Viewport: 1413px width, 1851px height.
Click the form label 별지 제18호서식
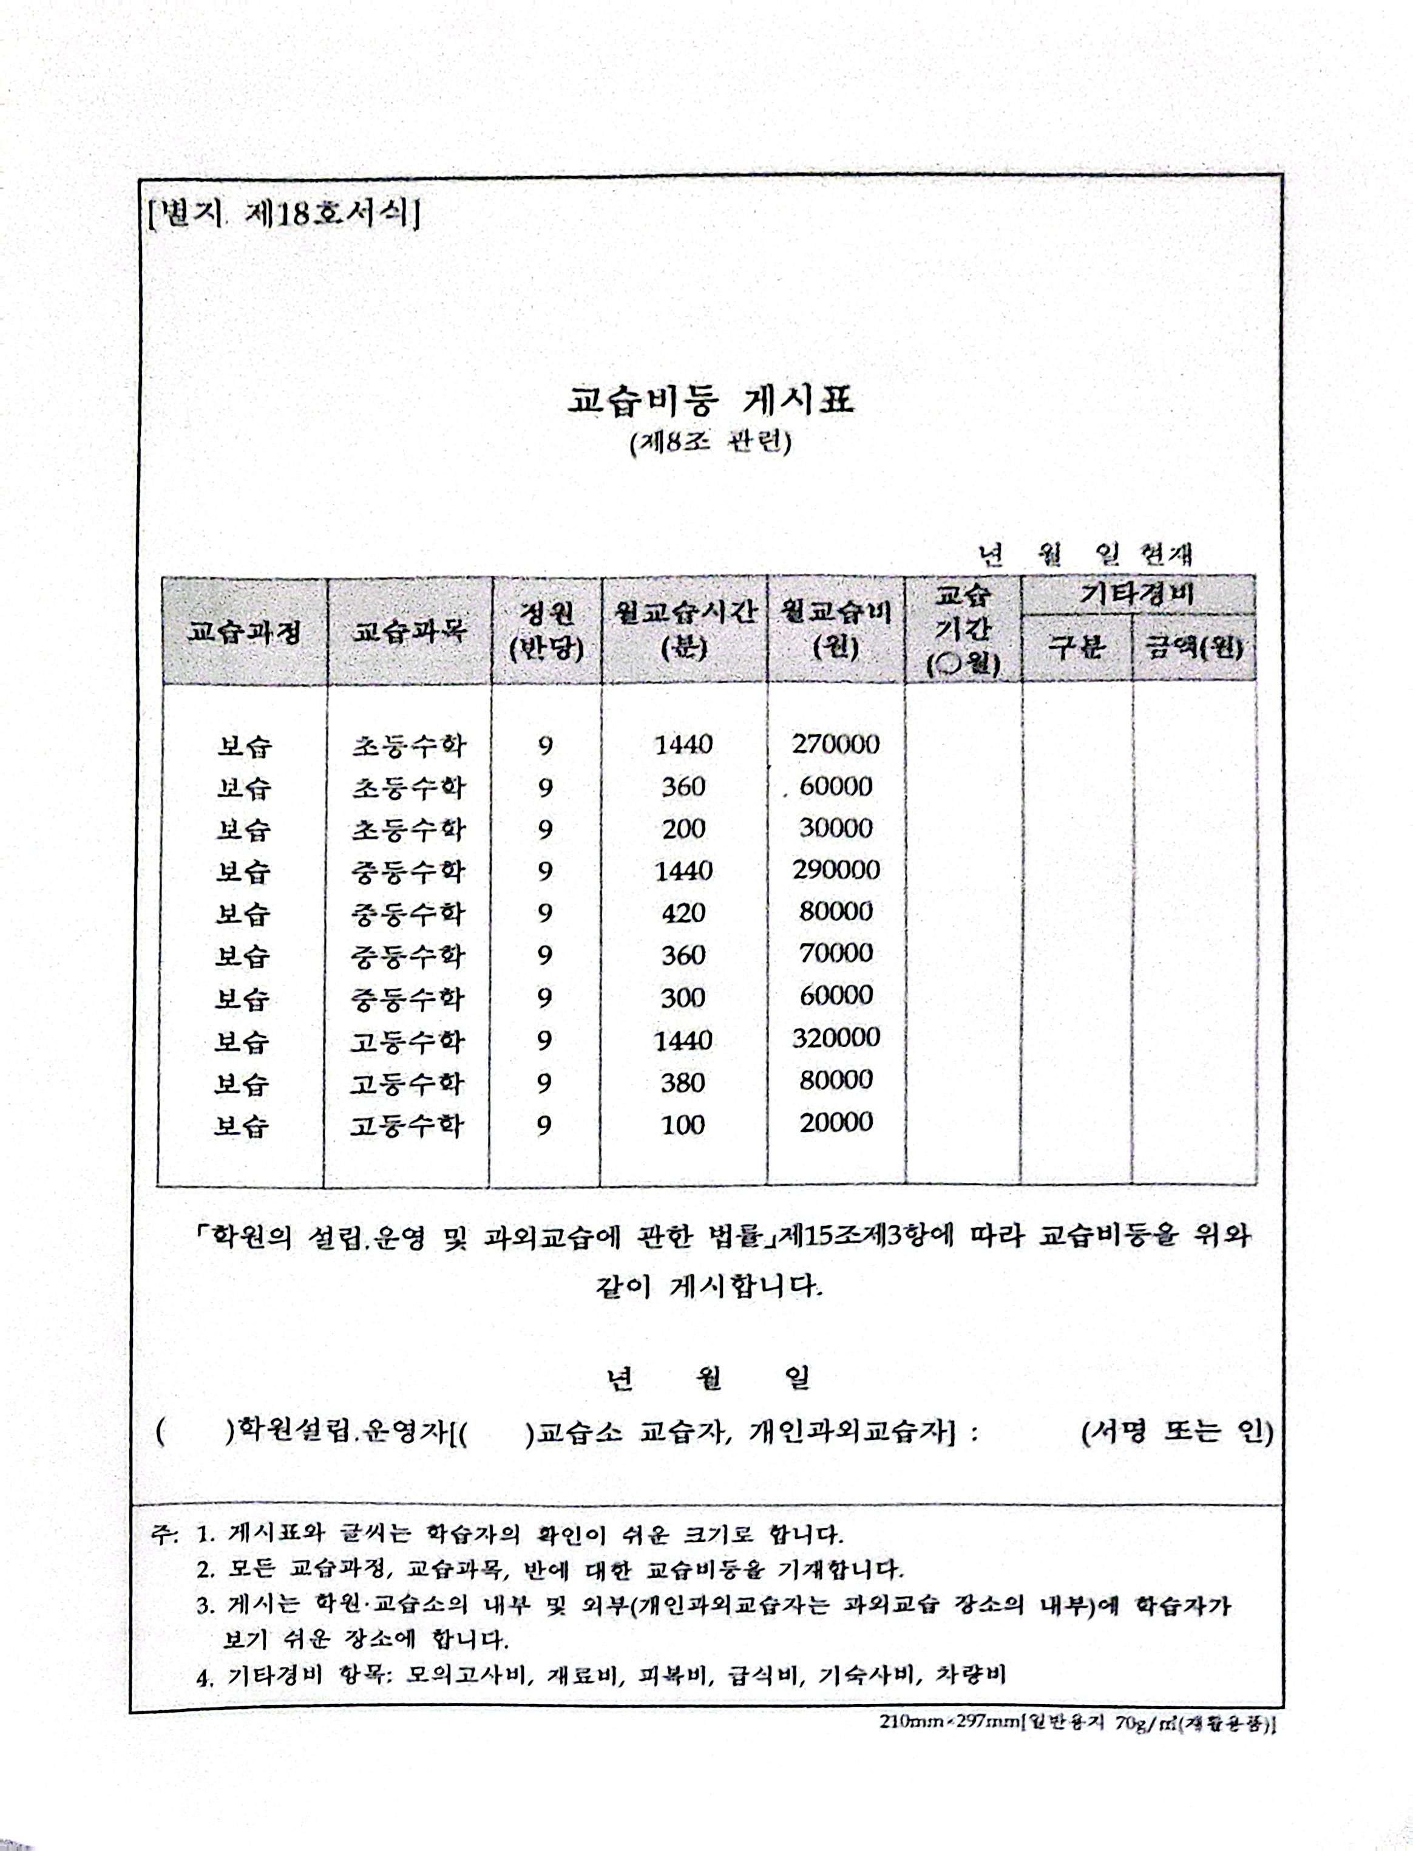(x=283, y=216)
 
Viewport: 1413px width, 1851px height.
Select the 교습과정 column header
(x=243, y=631)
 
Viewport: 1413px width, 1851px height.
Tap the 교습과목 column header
(x=408, y=631)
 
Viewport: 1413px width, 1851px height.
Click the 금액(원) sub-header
(x=1194, y=648)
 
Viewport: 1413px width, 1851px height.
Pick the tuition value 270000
(x=836, y=744)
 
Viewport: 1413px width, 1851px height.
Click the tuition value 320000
(x=836, y=1037)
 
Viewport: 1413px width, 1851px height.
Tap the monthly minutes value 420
(x=683, y=912)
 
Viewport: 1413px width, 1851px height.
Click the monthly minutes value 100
(x=682, y=1124)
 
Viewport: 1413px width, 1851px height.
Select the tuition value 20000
(x=836, y=1122)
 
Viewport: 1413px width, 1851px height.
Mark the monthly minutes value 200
(x=683, y=829)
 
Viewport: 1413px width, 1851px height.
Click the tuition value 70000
(x=836, y=953)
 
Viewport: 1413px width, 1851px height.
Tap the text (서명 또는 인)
(x=1177, y=1431)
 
